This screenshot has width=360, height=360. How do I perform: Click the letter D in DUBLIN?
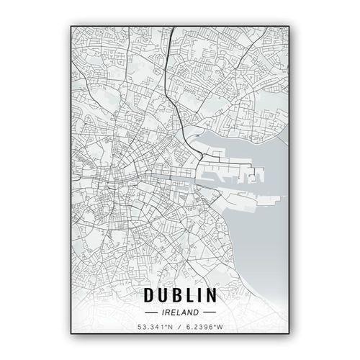[150, 294]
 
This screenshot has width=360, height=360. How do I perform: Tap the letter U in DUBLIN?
[166, 294]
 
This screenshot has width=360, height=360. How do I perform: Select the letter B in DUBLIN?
[181, 294]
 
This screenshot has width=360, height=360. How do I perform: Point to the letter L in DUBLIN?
[194, 294]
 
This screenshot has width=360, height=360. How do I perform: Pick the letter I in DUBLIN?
[204, 294]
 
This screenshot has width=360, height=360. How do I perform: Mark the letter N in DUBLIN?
[214, 294]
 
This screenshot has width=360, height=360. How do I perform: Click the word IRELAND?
[180, 312]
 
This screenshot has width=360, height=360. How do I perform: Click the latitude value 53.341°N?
[156, 328]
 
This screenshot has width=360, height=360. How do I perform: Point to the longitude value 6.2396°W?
[204, 328]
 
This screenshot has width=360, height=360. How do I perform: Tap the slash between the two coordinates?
[179, 328]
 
